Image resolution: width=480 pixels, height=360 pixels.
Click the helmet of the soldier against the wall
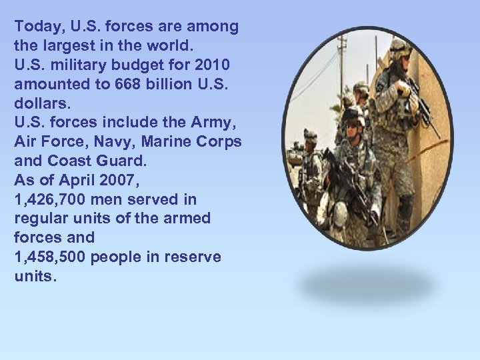click(x=401, y=48)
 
